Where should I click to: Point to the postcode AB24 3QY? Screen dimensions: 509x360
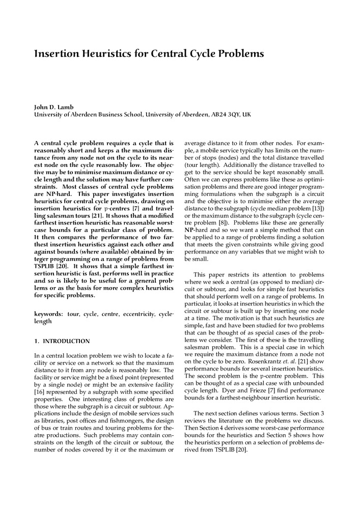(x=225, y=115)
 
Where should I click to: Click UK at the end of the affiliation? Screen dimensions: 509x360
(x=247, y=115)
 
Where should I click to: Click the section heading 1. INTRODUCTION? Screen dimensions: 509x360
(x=62, y=341)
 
